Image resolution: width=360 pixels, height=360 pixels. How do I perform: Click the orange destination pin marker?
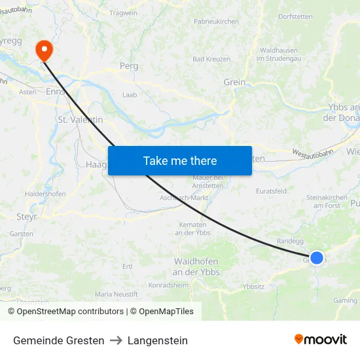(45, 50)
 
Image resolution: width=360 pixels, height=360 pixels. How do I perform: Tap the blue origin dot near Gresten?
(316, 258)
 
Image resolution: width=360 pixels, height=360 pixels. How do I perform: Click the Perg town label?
(128, 66)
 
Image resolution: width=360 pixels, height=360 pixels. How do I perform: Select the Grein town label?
(234, 82)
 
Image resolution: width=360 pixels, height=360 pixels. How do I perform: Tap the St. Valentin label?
(81, 120)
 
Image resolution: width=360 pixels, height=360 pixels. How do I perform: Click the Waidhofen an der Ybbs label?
(196, 266)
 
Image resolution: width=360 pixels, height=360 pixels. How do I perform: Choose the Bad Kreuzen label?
(211, 59)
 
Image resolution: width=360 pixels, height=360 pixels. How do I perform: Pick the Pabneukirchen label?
(216, 22)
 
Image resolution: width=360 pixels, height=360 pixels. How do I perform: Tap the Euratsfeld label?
(271, 191)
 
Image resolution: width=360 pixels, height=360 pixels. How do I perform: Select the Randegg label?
(290, 241)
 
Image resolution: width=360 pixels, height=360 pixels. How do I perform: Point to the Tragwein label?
(124, 13)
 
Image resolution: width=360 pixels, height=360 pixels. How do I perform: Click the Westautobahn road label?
(310, 154)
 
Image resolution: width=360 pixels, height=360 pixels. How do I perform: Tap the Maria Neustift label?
(117, 294)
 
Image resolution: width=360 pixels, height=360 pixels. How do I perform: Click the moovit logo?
(321, 340)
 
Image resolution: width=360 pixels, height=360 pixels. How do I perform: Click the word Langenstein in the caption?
(158, 340)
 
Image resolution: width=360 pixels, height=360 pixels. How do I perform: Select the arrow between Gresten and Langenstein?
(116, 340)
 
